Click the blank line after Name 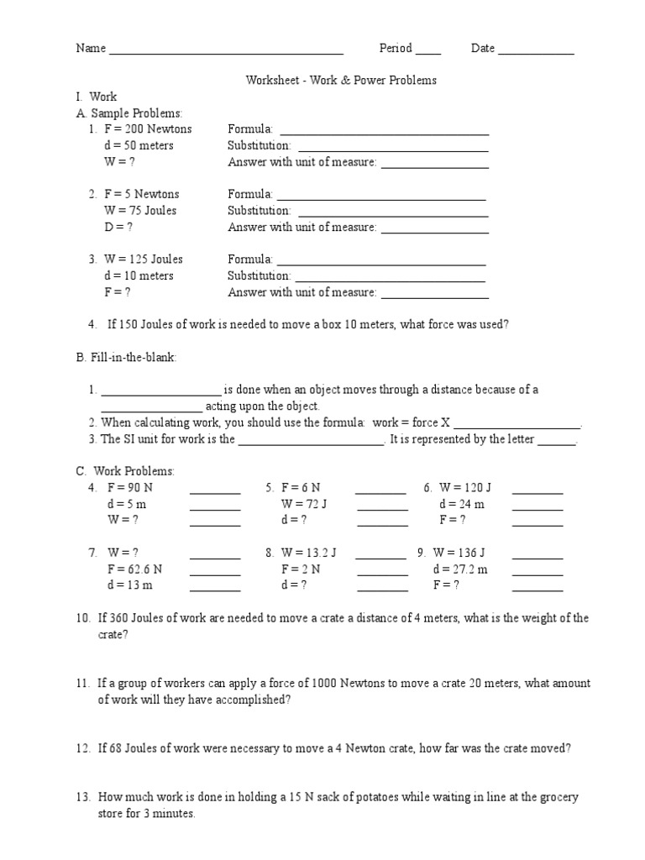[x=226, y=49]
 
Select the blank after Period [x=427, y=49]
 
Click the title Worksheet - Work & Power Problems [x=341, y=81]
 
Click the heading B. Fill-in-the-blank [x=127, y=358]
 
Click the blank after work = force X [x=517, y=422]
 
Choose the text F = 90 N [x=130, y=488]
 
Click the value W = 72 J [x=303, y=504]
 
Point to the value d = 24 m [x=461, y=504]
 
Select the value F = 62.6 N [x=134, y=569]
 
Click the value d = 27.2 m [x=460, y=569]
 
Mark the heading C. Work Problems [x=125, y=471]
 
